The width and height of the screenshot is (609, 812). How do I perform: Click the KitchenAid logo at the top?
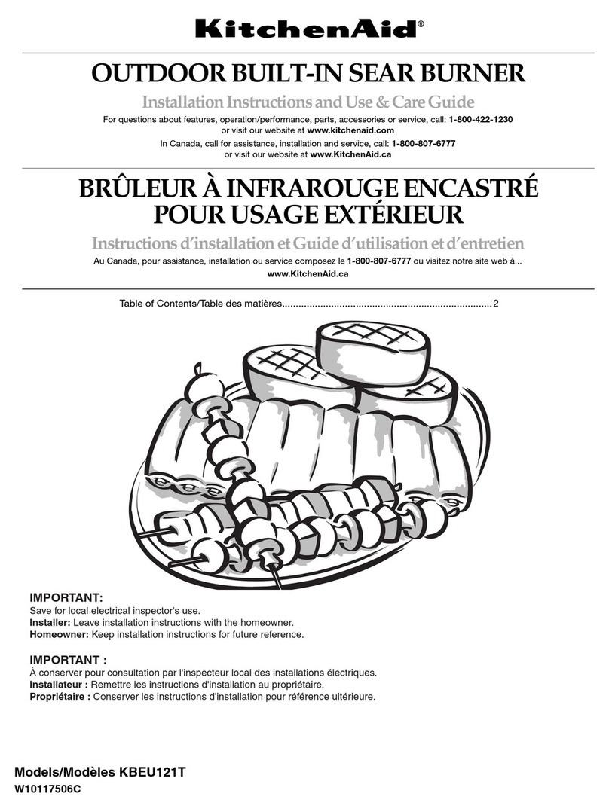tap(304, 29)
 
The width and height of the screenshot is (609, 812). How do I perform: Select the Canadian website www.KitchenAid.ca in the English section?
tap(350, 154)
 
